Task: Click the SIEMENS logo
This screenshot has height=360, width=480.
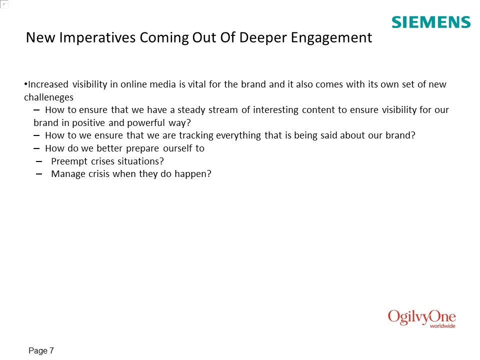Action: point(431,22)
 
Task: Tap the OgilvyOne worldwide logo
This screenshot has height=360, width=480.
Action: point(422,318)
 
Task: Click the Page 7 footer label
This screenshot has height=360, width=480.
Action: point(41,350)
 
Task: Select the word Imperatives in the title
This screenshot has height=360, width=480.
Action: point(97,38)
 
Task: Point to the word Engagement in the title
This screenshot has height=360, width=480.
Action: point(331,38)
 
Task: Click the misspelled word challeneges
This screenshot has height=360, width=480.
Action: point(48,97)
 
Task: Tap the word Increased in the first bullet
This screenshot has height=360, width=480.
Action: point(48,84)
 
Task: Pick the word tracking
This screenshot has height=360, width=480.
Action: point(196,135)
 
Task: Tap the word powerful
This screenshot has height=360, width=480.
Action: point(146,123)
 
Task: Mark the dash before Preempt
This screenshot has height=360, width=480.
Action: point(39,161)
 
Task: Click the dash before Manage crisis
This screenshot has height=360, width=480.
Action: point(39,174)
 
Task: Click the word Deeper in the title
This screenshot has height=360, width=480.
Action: point(263,38)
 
